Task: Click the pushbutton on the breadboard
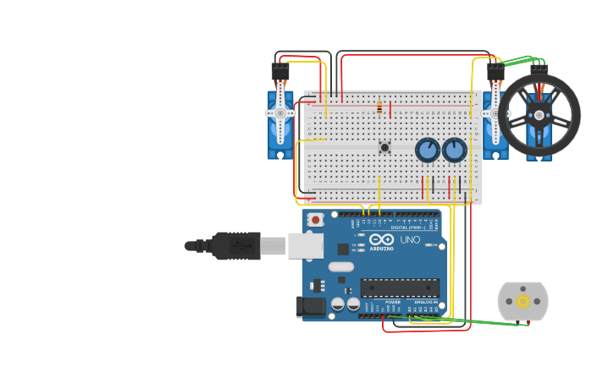385,147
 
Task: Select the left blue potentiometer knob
428,150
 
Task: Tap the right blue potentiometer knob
455,150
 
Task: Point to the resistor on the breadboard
379,107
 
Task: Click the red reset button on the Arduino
316,220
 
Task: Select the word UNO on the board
411,240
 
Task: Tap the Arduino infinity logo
382,240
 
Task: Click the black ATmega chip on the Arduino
400,287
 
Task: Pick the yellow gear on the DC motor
523,301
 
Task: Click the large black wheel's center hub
539,116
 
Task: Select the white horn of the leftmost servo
280,113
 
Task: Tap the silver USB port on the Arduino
305,245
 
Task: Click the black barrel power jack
311,307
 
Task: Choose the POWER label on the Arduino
393,302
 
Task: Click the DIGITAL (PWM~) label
410,227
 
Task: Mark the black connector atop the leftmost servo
279,72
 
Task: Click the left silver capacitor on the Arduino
338,303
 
